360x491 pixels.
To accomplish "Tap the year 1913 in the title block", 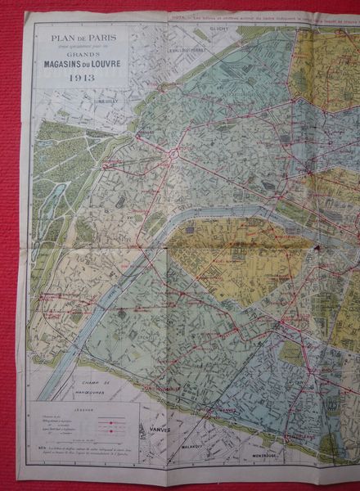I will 80,78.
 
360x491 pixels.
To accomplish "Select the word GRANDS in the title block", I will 79,56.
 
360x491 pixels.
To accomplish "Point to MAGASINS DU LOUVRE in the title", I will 80,65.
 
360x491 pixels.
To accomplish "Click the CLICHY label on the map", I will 217,29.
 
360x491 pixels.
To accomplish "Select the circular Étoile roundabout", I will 173,153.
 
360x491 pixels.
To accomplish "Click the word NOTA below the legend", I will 41,449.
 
